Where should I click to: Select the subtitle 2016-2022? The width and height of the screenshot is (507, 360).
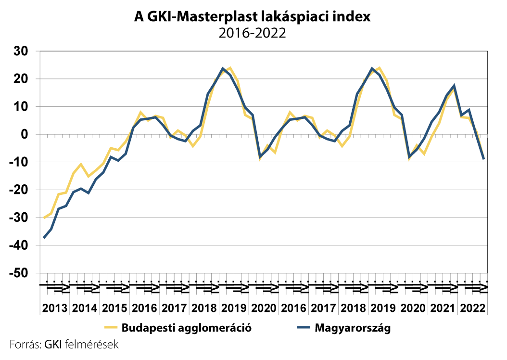click(x=252, y=33)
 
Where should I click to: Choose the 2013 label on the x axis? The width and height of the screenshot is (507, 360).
click(x=54, y=308)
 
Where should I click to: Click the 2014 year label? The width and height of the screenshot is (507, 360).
click(x=84, y=308)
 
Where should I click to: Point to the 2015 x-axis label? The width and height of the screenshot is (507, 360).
click(x=114, y=308)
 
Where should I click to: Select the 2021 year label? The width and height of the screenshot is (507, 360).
click(x=442, y=308)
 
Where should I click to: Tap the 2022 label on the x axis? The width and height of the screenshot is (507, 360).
click(x=472, y=308)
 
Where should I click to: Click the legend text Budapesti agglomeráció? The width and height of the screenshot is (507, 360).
click(x=187, y=329)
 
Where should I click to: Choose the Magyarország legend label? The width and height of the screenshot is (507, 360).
click(x=353, y=329)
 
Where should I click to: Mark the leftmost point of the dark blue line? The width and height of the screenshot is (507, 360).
click(x=44, y=238)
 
